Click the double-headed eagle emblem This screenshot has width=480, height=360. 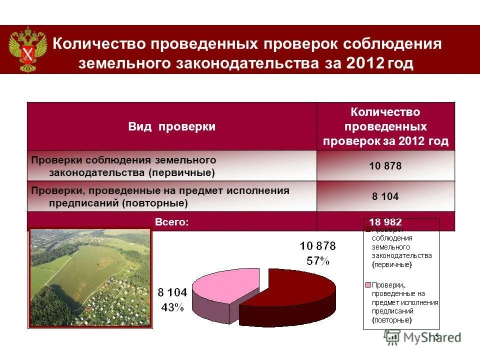pos(28,49)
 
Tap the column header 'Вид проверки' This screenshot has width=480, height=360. pos(171,127)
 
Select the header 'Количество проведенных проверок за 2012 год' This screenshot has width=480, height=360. pos(385,126)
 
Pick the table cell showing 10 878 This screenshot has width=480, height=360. pos(385,166)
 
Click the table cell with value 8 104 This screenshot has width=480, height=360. pos(385,196)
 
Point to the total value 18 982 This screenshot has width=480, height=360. pos(385,222)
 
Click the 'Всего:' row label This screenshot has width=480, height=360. pos(171,221)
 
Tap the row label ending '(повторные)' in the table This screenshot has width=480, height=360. pos(160,197)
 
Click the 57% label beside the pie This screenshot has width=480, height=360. pos(318,260)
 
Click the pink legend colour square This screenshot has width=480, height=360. pos(368,285)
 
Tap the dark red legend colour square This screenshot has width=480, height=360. pos(368,230)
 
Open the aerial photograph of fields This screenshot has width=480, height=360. pos(90,277)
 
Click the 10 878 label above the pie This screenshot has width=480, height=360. pos(318,246)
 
